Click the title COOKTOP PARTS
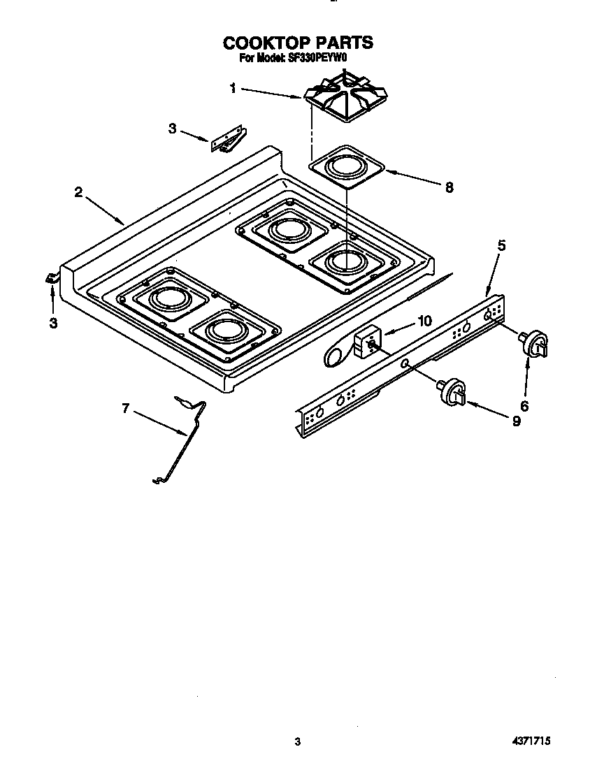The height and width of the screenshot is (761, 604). click(x=298, y=43)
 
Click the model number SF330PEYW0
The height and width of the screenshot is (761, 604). click(x=318, y=59)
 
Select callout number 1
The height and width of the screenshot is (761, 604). click(x=233, y=87)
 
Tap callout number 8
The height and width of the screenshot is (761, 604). click(x=449, y=187)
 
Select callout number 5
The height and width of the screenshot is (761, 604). click(x=501, y=246)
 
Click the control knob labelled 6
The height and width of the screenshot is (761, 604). click(x=534, y=345)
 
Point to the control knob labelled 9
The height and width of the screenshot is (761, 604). click(x=453, y=391)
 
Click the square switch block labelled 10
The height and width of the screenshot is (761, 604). click(x=366, y=342)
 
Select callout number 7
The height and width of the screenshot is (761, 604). click(x=126, y=409)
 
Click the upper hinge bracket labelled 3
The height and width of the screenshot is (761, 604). click(x=227, y=138)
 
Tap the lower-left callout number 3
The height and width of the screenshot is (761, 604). click(x=52, y=324)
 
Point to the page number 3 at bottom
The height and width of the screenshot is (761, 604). click(x=298, y=742)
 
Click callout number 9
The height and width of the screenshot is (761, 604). click(x=516, y=421)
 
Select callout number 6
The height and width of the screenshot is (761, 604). click(x=524, y=405)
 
